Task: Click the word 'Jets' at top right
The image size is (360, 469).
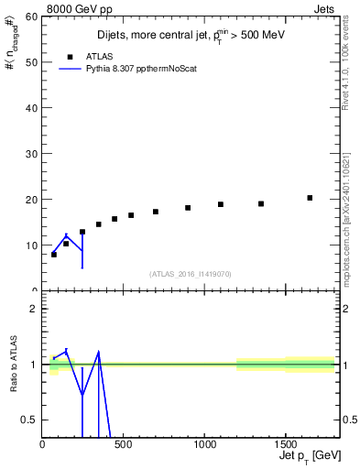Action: [324, 8]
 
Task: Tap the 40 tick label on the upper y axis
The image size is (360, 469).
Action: [34, 108]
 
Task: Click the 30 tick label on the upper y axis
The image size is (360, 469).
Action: [34, 154]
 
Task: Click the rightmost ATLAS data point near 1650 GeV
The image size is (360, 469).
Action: [310, 198]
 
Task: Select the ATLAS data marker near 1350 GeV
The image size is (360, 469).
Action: [261, 203]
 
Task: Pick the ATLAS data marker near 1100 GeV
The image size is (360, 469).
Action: [221, 204]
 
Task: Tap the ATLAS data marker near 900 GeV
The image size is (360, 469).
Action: [188, 208]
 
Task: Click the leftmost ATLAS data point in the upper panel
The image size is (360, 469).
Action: [54, 255]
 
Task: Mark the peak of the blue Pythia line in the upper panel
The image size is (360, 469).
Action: [66, 235]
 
